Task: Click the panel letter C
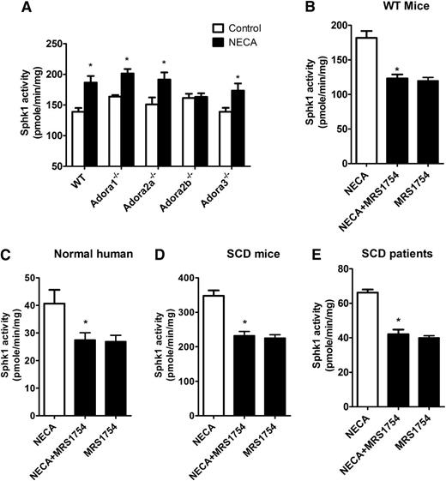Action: (x=6, y=256)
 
